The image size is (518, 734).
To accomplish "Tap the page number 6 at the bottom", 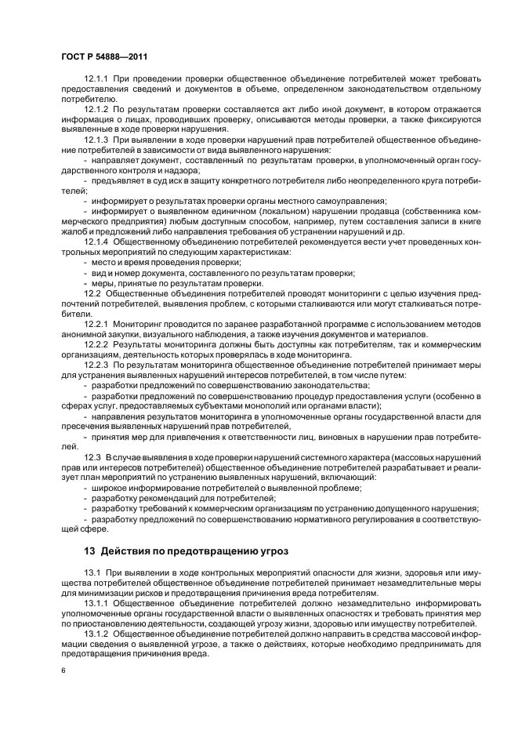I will pyautogui.click(x=63, y=670).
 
